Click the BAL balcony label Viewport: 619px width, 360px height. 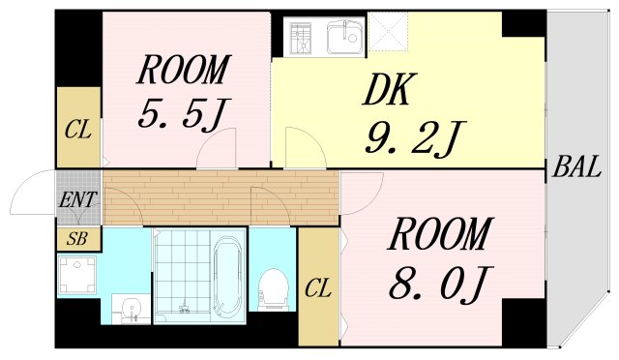[576, 167]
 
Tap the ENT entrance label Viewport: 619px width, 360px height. [77, 200]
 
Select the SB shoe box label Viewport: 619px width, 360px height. [77, 239]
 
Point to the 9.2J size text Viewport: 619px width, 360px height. [416, 138]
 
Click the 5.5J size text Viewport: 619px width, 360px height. [183, 114]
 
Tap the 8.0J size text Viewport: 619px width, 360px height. [441, 284]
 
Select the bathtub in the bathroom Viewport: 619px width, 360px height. [227, 276]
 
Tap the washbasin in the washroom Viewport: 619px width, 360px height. [131, 309]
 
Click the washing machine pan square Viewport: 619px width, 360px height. [77, 275]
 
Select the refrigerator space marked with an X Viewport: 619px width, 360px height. [387, 31]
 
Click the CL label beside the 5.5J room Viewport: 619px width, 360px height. [78, 130]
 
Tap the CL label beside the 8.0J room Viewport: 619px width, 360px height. [318, 288]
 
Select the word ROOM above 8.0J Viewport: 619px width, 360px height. [441, 233]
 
